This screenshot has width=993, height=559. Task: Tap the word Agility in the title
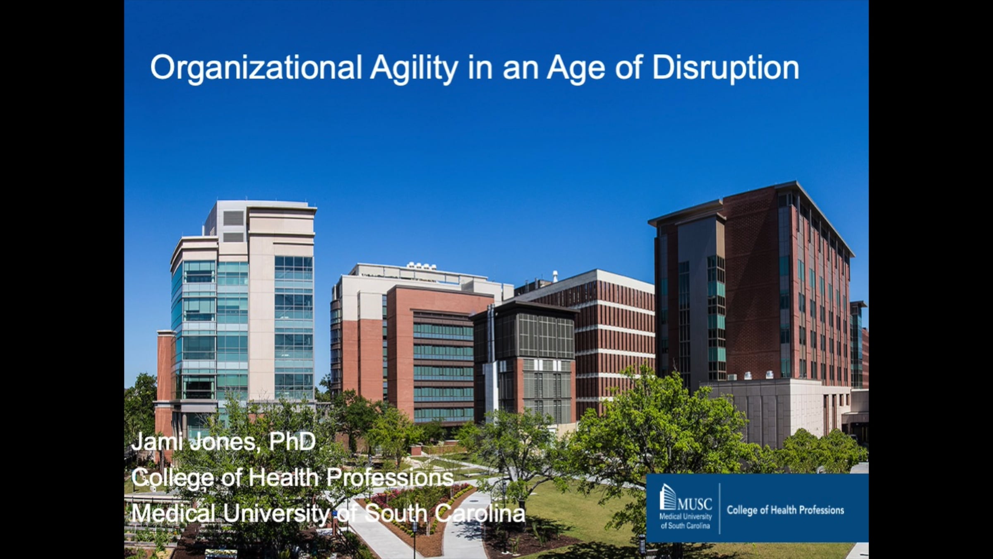click(414, 68)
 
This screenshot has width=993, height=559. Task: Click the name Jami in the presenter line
click(157, 442)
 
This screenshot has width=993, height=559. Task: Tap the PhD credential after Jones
click(292, 442)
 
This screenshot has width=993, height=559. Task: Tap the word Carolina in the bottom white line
click(480, 513)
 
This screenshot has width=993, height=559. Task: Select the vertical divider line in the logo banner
click(720, 508)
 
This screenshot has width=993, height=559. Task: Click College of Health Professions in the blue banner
click(785, 510)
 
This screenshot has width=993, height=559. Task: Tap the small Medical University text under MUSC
click(685, 517)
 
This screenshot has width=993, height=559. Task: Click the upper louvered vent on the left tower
click(233, 218)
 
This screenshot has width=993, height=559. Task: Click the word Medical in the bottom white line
click(173, 513)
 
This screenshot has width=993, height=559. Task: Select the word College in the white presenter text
click(172, 478)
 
